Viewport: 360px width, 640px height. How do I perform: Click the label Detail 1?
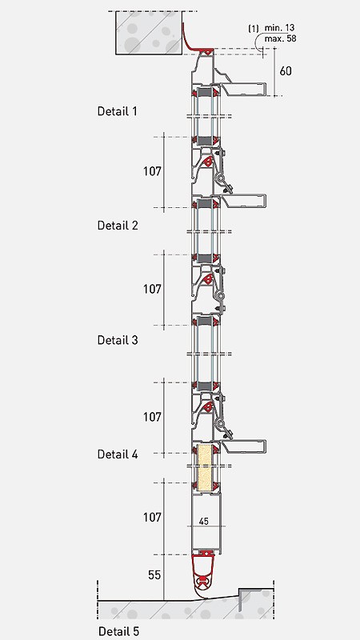tap(117, 111)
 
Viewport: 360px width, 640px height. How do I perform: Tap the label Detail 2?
tap(118, 226)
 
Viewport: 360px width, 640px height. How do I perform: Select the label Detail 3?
tap(118, 340)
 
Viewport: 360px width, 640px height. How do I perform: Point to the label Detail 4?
tap(118, 454)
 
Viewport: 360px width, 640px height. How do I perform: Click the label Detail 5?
tap(118, 631)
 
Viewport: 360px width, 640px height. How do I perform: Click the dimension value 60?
tap(286, 71)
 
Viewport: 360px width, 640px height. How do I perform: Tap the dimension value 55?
tap(154, 575)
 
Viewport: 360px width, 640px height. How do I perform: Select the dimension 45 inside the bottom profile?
tap(204, 522)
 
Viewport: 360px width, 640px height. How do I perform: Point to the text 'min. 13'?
tap(279, 28)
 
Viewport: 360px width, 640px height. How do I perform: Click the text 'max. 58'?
tap(281, 38)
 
